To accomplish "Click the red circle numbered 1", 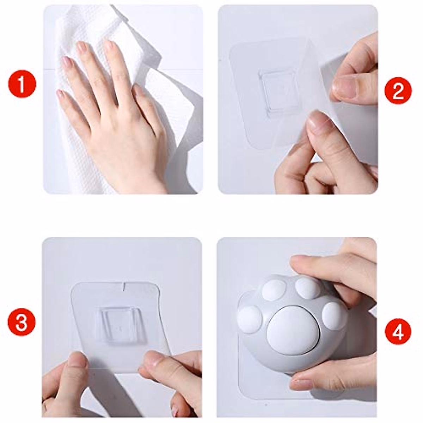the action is pyautogui.click(x=22, y=84).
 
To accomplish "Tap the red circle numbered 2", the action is pyautogui.click(x=398, y=91).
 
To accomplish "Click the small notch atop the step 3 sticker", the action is pyautogui.click(x=124, y=286).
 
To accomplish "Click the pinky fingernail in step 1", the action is pyautogui.click(x=60, y=94).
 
